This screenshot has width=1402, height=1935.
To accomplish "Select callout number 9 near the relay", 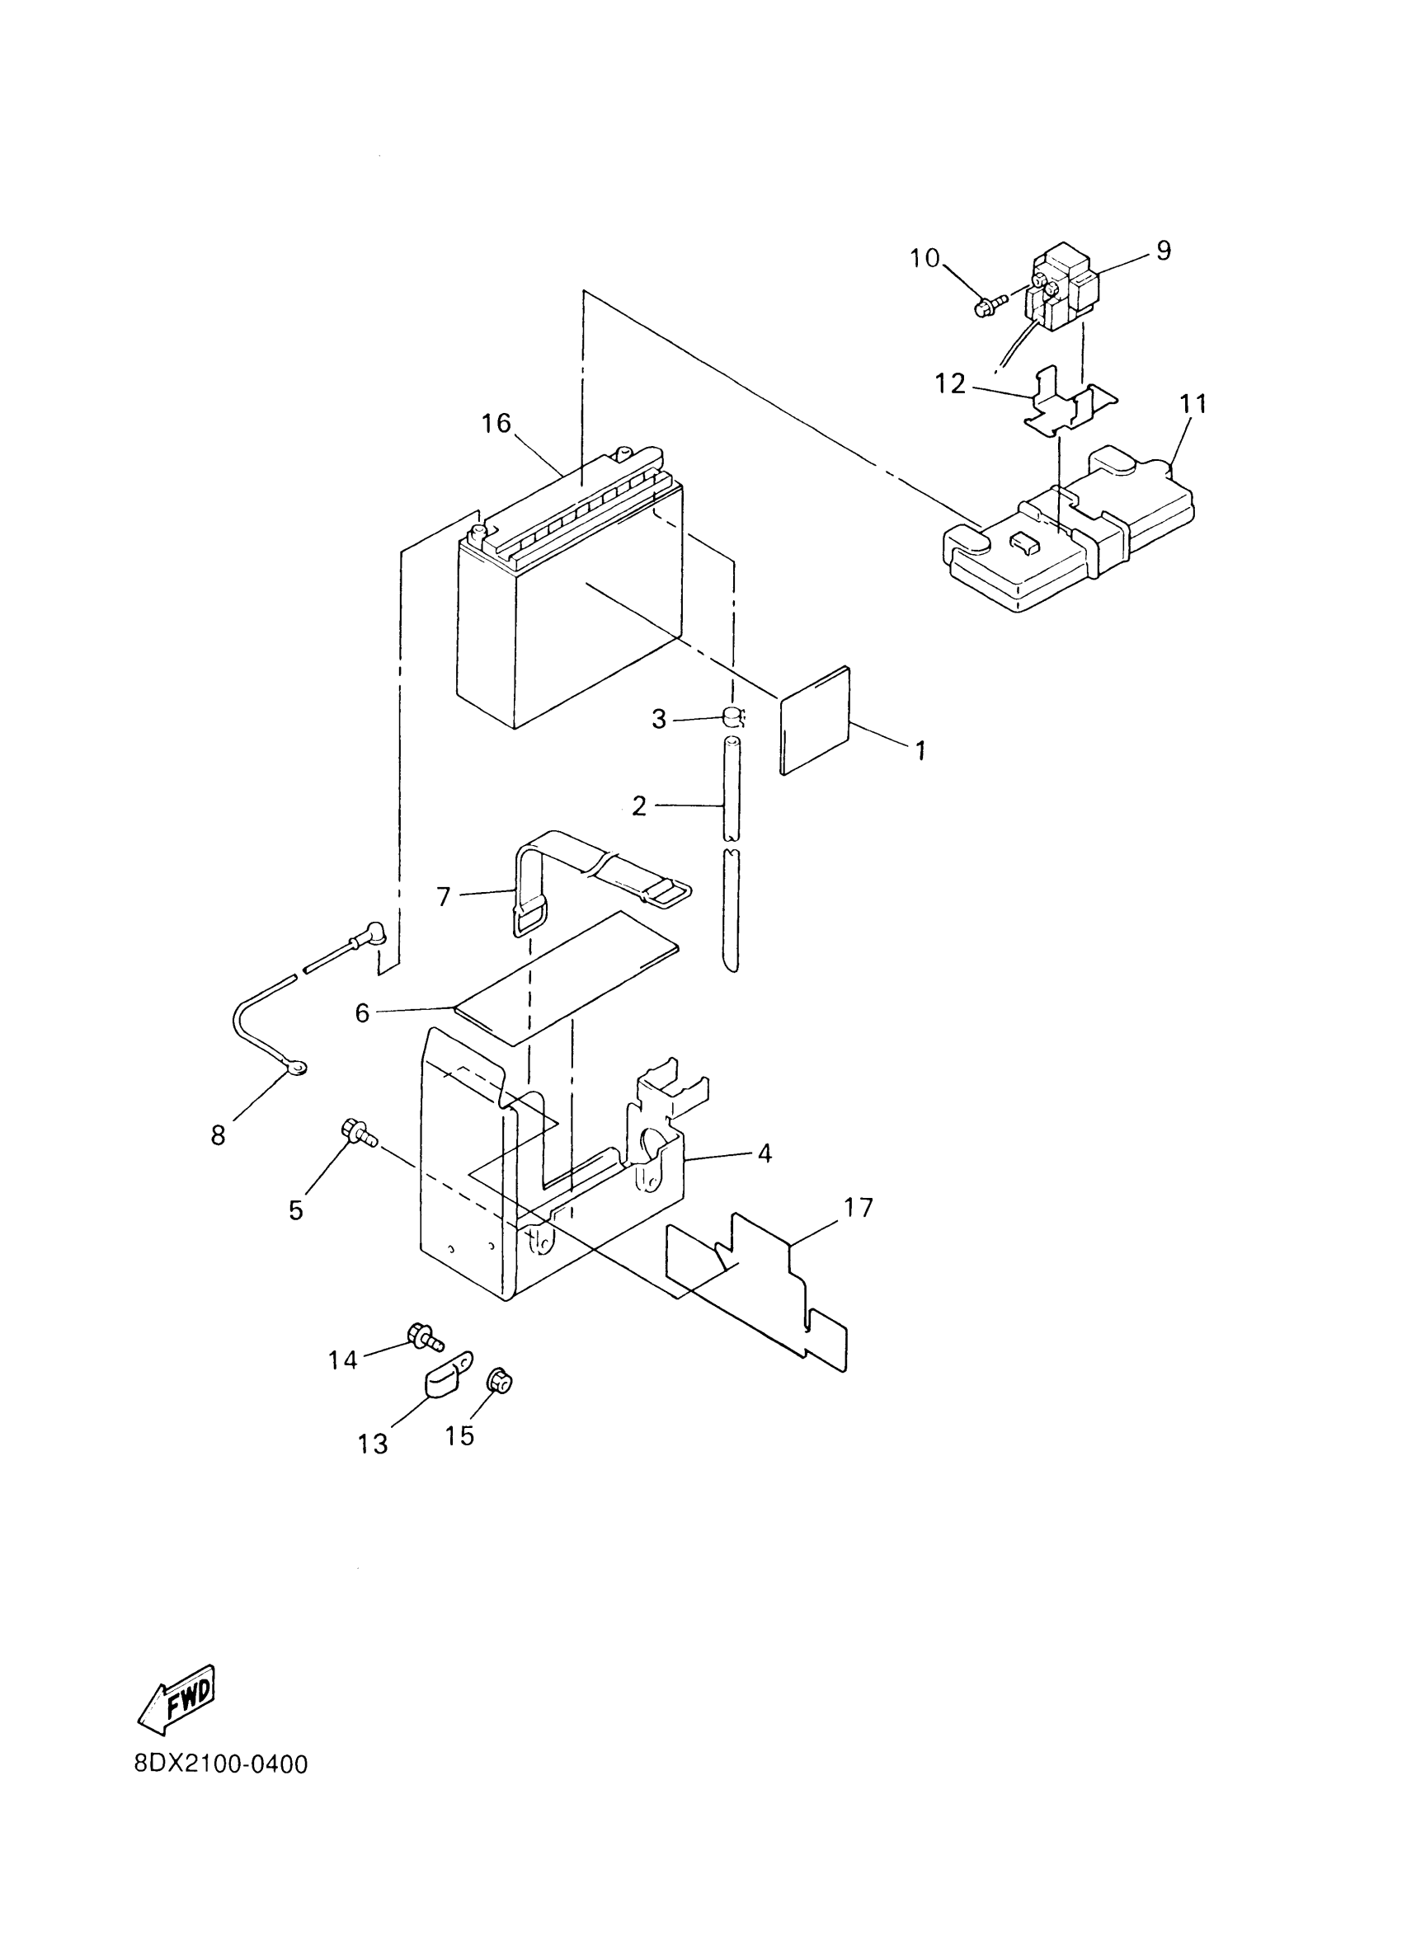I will [1164, 250].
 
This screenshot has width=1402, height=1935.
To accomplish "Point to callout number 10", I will [925, 258].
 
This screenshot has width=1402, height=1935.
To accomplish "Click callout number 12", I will [950, 384].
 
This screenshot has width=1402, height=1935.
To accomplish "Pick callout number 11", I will [1193, 403].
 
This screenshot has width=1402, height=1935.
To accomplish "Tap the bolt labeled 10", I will [985, 305].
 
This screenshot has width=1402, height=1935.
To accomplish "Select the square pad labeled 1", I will [816, 719].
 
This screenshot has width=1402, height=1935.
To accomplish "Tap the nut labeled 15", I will [498, 1379].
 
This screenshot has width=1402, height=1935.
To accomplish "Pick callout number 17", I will [859, 1207].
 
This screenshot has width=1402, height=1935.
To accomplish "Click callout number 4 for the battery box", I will [765, 1153].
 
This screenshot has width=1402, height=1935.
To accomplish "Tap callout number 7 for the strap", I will [443, 897].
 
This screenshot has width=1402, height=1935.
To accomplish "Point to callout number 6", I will [363, 1013].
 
